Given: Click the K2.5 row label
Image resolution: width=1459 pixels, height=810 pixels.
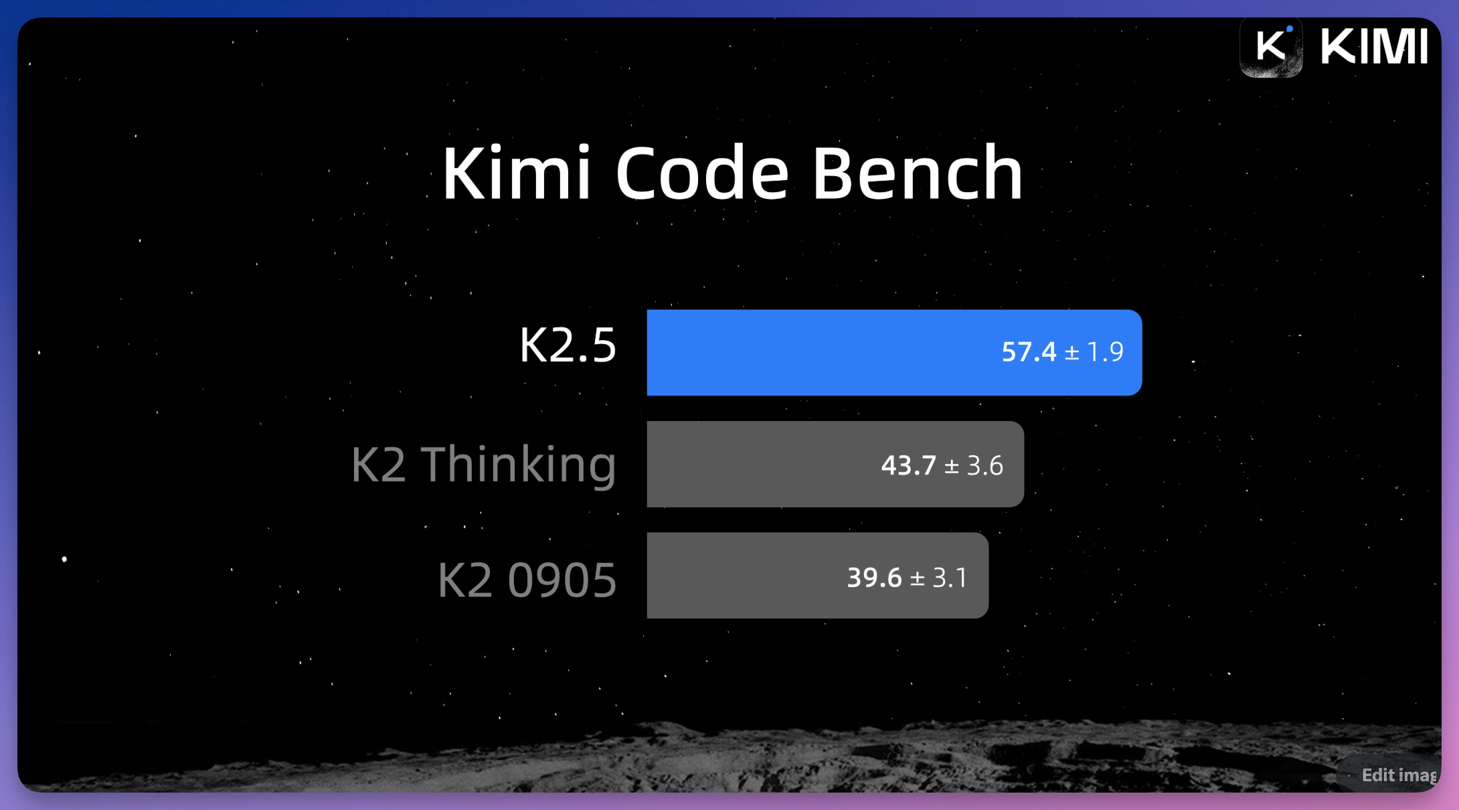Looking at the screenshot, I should [x=568, y=345].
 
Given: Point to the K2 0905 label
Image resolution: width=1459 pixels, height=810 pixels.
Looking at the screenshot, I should [x=527, y=580].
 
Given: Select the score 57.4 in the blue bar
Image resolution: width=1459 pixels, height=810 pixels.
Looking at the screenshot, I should [x=1029, y=352].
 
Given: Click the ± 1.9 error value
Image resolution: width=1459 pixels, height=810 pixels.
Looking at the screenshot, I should [x=1094, y=352].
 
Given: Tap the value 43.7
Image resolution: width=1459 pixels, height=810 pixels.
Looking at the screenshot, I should [x=908, y=465].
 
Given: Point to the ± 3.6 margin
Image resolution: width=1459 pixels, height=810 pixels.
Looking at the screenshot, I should [x=974, y=465].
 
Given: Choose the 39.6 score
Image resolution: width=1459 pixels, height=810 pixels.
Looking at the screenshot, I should [x=874, y=578].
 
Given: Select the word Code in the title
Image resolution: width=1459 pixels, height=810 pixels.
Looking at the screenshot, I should [x=702, y=173].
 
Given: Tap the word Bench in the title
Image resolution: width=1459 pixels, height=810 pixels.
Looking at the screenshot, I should [x=918, y=173].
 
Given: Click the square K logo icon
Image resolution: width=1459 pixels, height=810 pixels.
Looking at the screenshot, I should [x=1271, y=47].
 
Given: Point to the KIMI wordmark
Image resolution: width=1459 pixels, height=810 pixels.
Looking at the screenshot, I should [x=1374, y=47].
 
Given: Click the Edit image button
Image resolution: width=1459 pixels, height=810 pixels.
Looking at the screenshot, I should [x=1397, y=775].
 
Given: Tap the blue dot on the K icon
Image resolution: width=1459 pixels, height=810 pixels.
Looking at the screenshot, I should [x=1289, y=29].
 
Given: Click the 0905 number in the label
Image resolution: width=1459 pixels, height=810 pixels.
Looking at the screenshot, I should [x=562, y=580].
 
